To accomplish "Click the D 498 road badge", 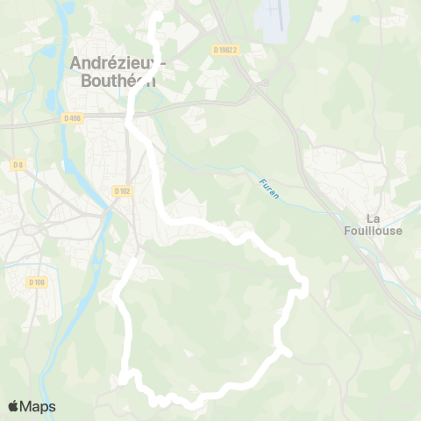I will point(72,117).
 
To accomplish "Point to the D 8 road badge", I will point(18,164).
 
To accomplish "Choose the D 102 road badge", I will point(122,190).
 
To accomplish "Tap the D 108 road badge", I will point(36,282).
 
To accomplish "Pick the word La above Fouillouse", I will point(372,218).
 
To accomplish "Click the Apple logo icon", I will point(13,406).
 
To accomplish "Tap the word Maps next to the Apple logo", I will point(38,406).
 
